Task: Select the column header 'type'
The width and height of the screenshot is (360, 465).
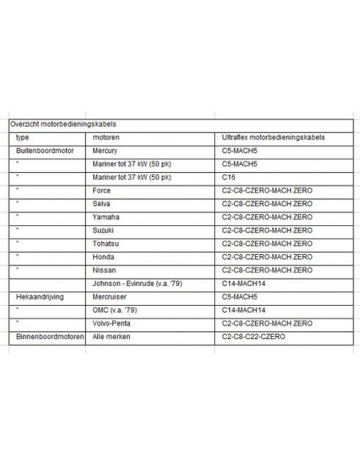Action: click(22, 138)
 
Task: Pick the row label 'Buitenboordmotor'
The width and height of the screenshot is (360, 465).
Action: click(45, 150)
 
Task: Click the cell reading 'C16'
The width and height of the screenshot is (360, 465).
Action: click(229, 177)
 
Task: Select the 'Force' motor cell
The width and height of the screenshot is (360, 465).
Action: click(102, 191)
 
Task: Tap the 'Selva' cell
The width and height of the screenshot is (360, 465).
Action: click(102, 204)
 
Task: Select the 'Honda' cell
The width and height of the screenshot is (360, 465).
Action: click(104, 257)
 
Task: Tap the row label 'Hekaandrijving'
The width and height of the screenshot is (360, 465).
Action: click(40, 296)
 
